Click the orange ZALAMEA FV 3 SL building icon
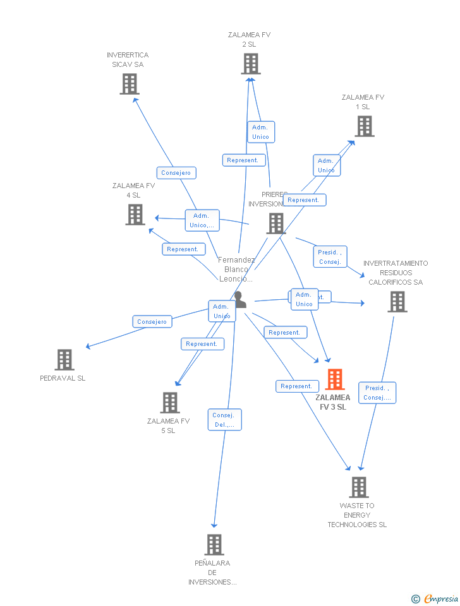335,379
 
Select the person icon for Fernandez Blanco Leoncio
239,300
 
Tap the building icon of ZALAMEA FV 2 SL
251,64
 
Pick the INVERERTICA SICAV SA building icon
130,84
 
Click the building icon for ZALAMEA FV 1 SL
364,126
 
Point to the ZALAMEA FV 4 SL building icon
135,215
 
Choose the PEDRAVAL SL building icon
64,360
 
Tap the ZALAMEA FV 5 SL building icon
170,403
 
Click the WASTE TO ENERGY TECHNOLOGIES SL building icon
359,487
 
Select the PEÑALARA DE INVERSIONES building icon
214,545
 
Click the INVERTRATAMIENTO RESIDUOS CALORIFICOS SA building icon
397,302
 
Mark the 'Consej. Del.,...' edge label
224,420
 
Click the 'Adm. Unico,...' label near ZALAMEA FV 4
202,220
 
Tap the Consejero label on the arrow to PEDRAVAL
152,322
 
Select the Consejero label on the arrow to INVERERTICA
176,173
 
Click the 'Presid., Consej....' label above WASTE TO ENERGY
377,393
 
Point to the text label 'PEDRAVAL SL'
63,378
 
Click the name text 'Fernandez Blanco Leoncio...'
237,269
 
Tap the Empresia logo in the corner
435,598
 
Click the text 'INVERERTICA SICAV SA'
128,59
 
